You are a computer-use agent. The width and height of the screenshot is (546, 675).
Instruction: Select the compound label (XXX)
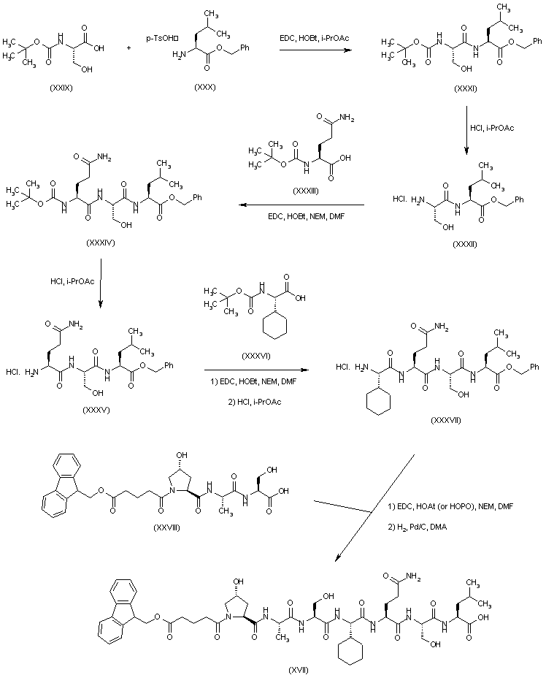coord(204,88)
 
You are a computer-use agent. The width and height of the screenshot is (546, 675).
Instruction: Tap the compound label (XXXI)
coord(465,88)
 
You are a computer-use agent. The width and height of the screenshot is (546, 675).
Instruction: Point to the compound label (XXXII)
coord(465,243)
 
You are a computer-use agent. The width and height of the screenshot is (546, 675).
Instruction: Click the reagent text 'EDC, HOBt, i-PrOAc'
coord(312,38)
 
